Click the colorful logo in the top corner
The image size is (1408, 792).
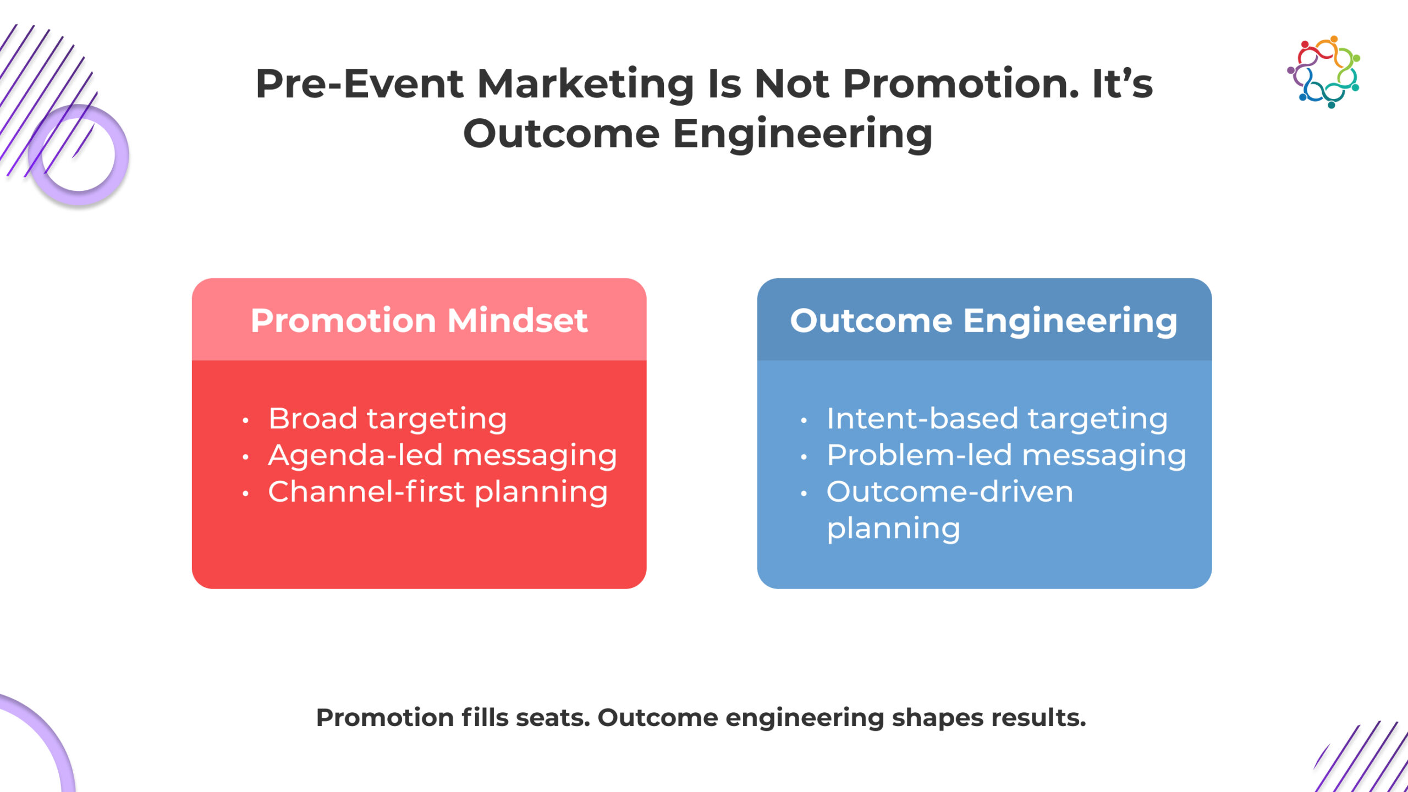coord(1323,72)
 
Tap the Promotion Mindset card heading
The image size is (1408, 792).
coord(419,320)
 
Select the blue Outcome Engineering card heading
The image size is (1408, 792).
coord(984,321)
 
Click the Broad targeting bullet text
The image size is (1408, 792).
coord(388,419)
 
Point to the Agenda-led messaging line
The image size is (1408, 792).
coord(443,456)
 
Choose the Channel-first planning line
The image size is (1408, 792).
coord(438,492)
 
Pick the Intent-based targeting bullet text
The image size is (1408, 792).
coord(997,419)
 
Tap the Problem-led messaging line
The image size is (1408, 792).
coord(1007,456)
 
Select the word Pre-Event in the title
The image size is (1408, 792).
coord(360,84)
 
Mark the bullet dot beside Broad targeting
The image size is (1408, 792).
coord(245,421)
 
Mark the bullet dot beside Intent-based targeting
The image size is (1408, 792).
coord(804,421)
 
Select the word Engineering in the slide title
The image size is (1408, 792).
coord(802,135)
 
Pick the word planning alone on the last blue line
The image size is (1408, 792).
coord(894,529)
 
